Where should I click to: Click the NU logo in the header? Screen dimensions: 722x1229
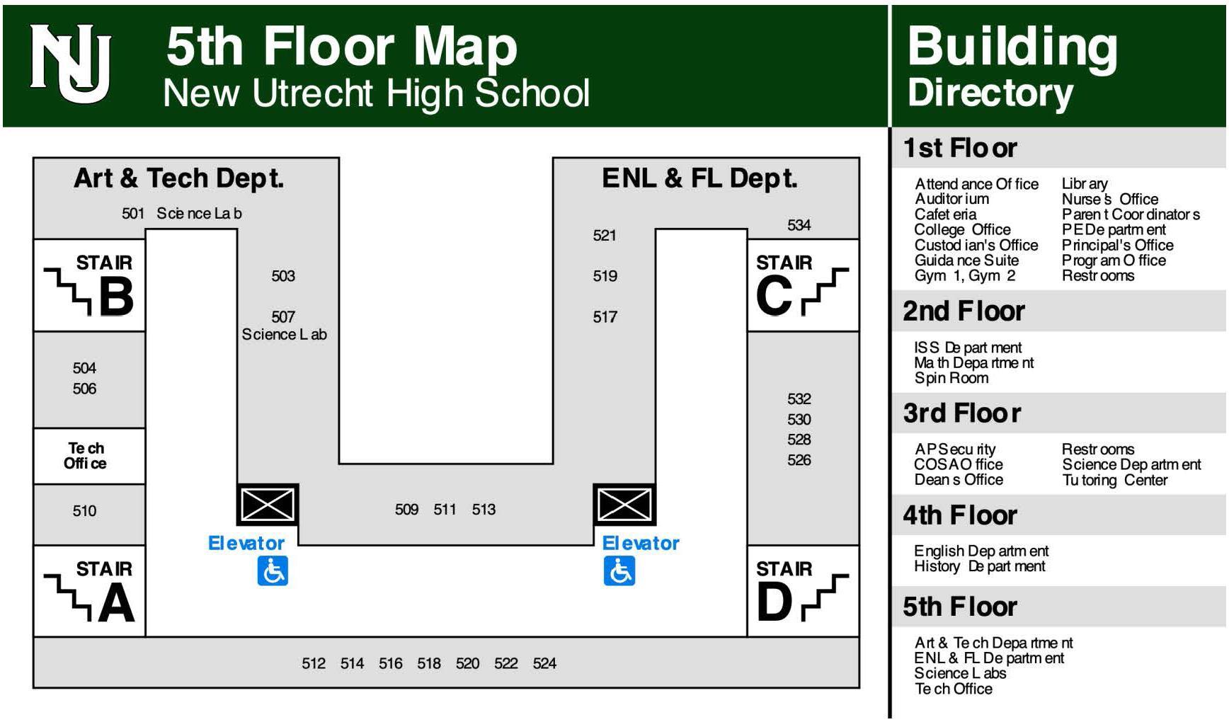tap(70, 63)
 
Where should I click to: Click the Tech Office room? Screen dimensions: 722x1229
tap(86, 456)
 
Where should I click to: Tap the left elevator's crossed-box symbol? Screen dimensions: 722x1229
tap(268, 505)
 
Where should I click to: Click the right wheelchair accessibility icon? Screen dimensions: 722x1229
tap(619, 571)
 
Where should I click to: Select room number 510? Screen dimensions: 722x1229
tap(84, 510)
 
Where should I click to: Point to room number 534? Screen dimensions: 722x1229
tap(799, 225)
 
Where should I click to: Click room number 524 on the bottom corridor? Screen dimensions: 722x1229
tap(544, 663)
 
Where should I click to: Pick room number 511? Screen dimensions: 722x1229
tap(445, 509)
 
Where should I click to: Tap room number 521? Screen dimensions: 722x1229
tap(605, 235)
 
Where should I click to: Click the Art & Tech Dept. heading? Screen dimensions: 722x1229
tap(179, 178)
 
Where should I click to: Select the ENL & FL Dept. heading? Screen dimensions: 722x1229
tap(699, 178)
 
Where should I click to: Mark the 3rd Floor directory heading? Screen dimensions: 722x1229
tap(961, 413)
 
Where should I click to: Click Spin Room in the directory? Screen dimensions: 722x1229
tap(951, 378)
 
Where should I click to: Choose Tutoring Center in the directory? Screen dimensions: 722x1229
tap(1114, 480)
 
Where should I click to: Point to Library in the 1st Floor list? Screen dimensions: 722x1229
tap(1085, 183)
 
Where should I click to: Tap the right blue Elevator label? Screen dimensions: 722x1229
tap(641, 543)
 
